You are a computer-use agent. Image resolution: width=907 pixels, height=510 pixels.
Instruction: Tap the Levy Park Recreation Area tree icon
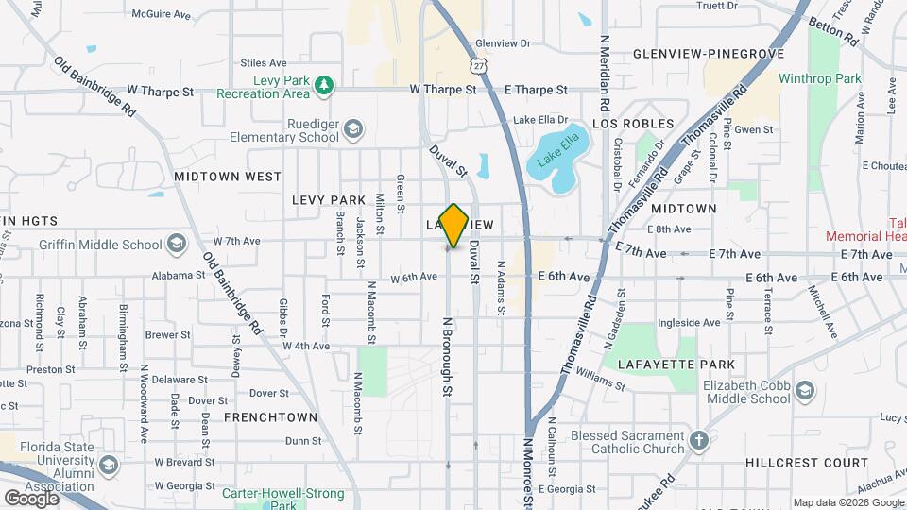tap(324, 86)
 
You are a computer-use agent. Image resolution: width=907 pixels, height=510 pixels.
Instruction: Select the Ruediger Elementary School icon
tap(352, 129)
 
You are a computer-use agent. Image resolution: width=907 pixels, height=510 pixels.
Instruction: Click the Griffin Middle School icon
tap(176, 245)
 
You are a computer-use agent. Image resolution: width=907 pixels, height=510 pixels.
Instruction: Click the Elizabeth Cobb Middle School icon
tap(804, 392)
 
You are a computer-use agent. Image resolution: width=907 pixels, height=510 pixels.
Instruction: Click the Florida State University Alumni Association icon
tap(109, 467)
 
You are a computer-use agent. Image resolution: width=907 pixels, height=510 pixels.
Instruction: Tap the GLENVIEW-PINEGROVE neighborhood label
tap(709, 54)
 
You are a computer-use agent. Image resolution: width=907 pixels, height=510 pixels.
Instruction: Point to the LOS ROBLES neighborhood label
tap(633, 124)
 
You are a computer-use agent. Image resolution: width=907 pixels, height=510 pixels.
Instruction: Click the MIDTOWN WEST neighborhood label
tap(228, 177)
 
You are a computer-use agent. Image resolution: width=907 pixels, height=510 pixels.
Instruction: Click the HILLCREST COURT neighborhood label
tap(806, 463)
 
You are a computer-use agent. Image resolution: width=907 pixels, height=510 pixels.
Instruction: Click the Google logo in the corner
tap(31, 497)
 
